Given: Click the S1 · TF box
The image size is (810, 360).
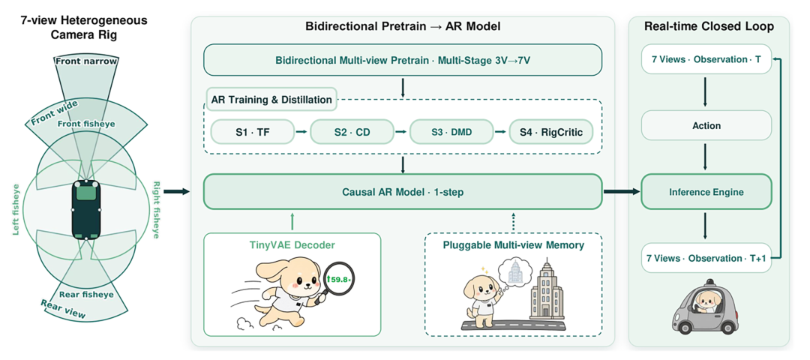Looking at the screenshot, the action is click(252, 132).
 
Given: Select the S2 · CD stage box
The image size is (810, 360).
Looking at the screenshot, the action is click(352, 132).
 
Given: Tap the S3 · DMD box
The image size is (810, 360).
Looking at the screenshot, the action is click(451, 132).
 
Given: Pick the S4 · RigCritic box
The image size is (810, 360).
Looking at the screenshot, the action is click(550, 132).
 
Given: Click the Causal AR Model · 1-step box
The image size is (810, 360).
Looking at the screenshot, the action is click(403, 191).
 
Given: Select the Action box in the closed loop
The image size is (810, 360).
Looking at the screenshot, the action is click(706, 125).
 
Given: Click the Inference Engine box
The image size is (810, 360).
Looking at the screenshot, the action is click(706, 192).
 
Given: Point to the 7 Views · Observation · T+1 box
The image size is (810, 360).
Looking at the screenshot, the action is click(706, 258).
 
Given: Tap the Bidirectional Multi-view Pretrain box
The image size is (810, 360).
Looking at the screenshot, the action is click(403, 59).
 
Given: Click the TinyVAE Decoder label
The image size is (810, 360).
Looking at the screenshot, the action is click(292, 245).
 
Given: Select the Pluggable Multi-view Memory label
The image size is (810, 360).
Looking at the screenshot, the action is click(514, 245).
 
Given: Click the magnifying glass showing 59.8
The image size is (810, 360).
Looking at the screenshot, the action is click(337, 280).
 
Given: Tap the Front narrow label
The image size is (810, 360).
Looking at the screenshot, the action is click(86, 62).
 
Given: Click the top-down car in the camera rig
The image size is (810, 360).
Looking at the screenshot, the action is click(86, 210).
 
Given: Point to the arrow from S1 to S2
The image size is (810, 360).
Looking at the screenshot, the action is click(301, 132).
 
